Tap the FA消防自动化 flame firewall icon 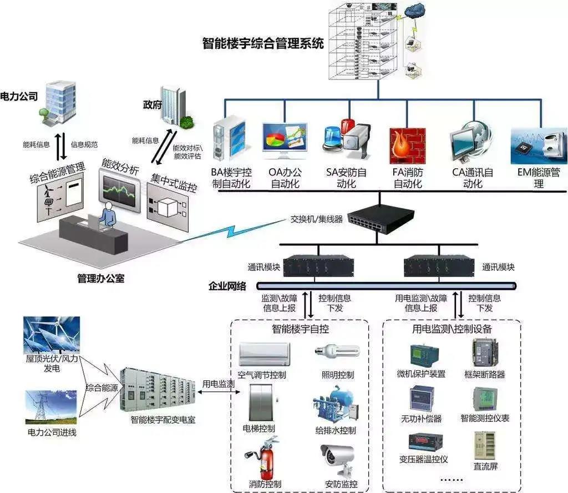(407, 145)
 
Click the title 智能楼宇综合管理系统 (263, 44)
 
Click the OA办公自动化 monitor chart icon (285, 142)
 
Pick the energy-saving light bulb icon (337, 351)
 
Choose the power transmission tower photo (51, 408)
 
